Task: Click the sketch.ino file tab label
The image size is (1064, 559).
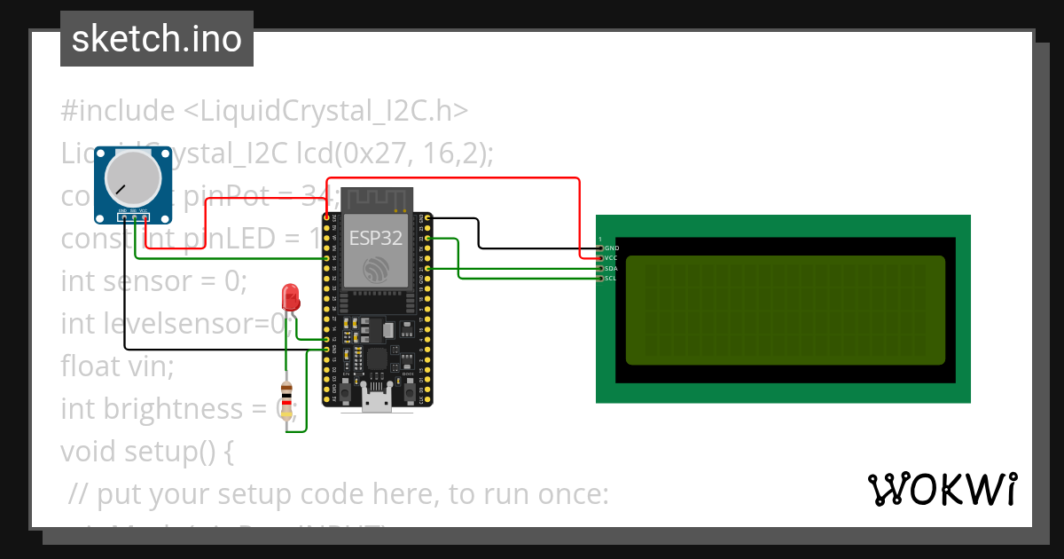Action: point(156,39)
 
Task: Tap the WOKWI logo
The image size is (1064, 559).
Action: point(941,489)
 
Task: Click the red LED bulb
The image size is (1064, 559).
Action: point(290,296)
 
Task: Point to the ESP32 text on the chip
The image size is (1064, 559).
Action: point(375,238)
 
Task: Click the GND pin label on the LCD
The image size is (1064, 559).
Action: point(612,248)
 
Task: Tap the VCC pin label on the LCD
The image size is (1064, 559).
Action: point(612,257)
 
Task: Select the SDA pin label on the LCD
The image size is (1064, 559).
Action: point(612,268)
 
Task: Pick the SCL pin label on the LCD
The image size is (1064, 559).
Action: point(612,279)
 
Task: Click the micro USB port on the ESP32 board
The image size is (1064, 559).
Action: point(378,400)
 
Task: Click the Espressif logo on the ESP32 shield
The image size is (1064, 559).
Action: point(376,269)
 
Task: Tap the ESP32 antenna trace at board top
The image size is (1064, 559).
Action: point(377,200)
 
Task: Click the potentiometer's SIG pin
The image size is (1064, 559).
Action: point(134,216)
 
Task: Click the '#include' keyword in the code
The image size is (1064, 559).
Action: point(118,111)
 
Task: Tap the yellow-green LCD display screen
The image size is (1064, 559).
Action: point(785,311)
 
